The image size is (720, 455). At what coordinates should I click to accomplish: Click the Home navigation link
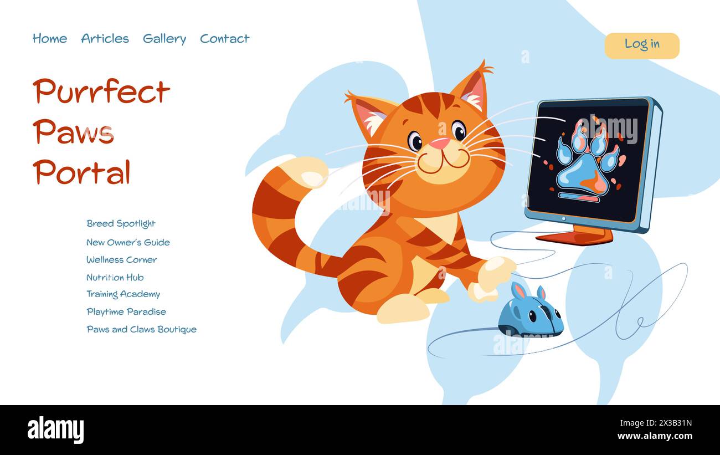pyautogui.click(x=50, y=39)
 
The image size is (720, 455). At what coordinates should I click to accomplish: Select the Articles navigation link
pyautogui.click(x=105, y=39)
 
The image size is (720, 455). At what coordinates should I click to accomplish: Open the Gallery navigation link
pyautogui.click(x=164, y=39)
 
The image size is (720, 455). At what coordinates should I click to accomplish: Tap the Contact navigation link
pyautogui.click(x=224, y=39)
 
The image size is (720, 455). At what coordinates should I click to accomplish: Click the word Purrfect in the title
pyautogui.click(x=101, y=92)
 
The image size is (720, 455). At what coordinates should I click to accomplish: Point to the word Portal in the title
pyautogui.click(x=81, y=172)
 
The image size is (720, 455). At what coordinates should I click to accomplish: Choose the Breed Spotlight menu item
pyautogui.click(x=121, y=224)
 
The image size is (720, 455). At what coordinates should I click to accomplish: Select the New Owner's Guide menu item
pyautogui.click(x=128, y=242)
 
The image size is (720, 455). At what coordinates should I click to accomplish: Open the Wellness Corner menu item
pyautogui.click(x=121, y=260)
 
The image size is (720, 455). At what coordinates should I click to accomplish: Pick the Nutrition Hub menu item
pyautogui.click(x=115, y=278)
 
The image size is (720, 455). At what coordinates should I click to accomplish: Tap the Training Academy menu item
pyautogui.click(x=123, y=294)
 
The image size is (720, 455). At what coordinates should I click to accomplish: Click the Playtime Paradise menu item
pyautogui.click(x=126, y=312)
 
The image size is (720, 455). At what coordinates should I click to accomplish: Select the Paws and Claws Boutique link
pyautogui.click(x=141, y=330)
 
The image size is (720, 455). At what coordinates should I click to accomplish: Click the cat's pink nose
pyautogui.click(x=440, y=144)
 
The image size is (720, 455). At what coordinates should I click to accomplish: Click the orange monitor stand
pyautogui.click(x=576, y=236)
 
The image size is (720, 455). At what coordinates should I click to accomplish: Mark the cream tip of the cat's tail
pyautogui.click(x=305, y=172)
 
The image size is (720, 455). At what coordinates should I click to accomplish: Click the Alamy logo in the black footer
pyautogui.click(x=55, y=430)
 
